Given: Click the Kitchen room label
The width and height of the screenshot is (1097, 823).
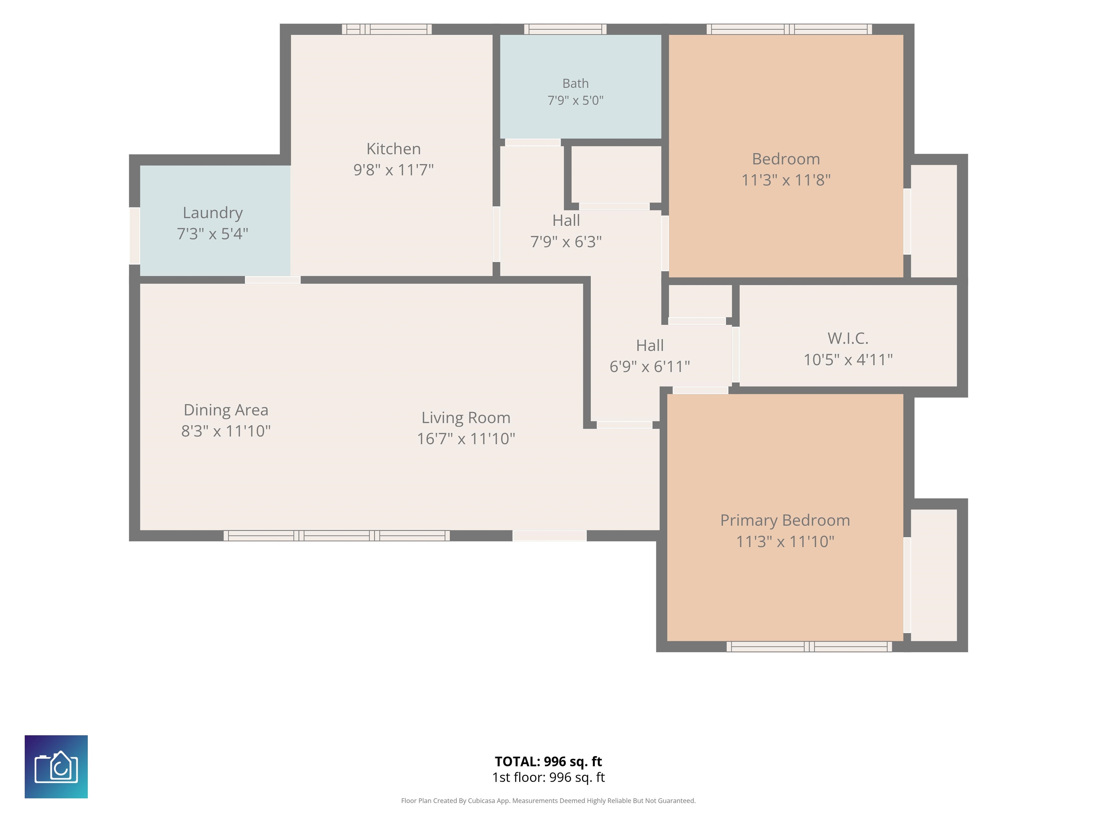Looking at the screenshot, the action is coord(393,149).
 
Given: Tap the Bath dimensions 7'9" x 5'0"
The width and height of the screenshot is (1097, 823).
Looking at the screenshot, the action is coord(575,100).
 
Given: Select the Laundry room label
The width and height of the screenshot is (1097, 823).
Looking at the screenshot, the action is coord(213,213).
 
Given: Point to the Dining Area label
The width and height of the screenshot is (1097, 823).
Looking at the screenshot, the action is coord(226,410).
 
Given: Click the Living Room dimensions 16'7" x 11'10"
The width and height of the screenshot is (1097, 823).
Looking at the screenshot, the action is coord(466,439).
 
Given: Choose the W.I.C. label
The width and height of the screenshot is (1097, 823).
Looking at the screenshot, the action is coord(847,338).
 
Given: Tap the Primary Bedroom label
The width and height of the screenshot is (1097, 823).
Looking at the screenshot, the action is coord(785,520).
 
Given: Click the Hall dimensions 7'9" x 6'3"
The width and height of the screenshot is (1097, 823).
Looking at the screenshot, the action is coord(566,241).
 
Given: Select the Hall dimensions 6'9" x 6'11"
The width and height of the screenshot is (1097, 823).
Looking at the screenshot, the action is coord(650,366).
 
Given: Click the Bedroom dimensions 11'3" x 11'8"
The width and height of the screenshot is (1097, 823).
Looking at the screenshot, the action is coord(786,180).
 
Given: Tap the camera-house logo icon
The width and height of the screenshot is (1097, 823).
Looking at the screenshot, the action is coord(56,767).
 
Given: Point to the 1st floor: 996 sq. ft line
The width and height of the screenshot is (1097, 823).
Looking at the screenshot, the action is coord(548,777).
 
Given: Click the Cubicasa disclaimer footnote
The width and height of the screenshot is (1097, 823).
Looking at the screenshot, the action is coord(548,801).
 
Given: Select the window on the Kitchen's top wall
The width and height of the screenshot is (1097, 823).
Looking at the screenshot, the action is coord(387,29).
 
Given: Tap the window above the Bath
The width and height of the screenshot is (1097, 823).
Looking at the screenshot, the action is coord(565,29).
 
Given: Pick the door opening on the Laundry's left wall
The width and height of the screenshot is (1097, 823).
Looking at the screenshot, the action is coord(134,236).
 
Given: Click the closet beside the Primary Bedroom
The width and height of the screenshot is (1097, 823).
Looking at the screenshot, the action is coord(934,575).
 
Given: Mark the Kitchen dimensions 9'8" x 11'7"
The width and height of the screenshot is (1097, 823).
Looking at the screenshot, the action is coord(393,170).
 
